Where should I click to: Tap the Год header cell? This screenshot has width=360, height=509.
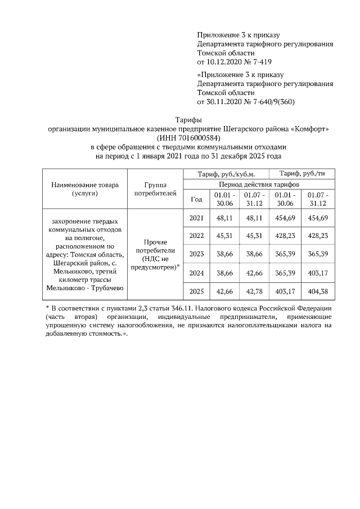click(x=196, y=199)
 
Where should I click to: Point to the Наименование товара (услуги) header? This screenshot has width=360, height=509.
click(x=85, y=189)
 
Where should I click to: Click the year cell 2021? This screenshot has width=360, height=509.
click(x=196, y=218)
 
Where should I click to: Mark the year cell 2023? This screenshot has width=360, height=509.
click(x=196, y=254)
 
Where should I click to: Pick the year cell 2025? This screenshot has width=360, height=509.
click(x=196, y=291)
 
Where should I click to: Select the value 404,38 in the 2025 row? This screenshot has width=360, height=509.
click(x=318, y=291)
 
